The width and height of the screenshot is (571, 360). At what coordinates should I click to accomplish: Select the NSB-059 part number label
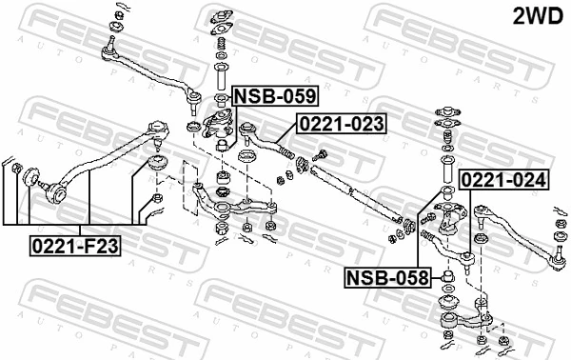(276, 95)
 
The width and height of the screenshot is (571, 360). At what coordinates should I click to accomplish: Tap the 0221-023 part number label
(342, 123)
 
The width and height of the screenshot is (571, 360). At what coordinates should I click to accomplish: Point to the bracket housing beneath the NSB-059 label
(220, 123)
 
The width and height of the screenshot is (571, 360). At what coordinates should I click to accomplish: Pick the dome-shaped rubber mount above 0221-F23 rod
(160, 163)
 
